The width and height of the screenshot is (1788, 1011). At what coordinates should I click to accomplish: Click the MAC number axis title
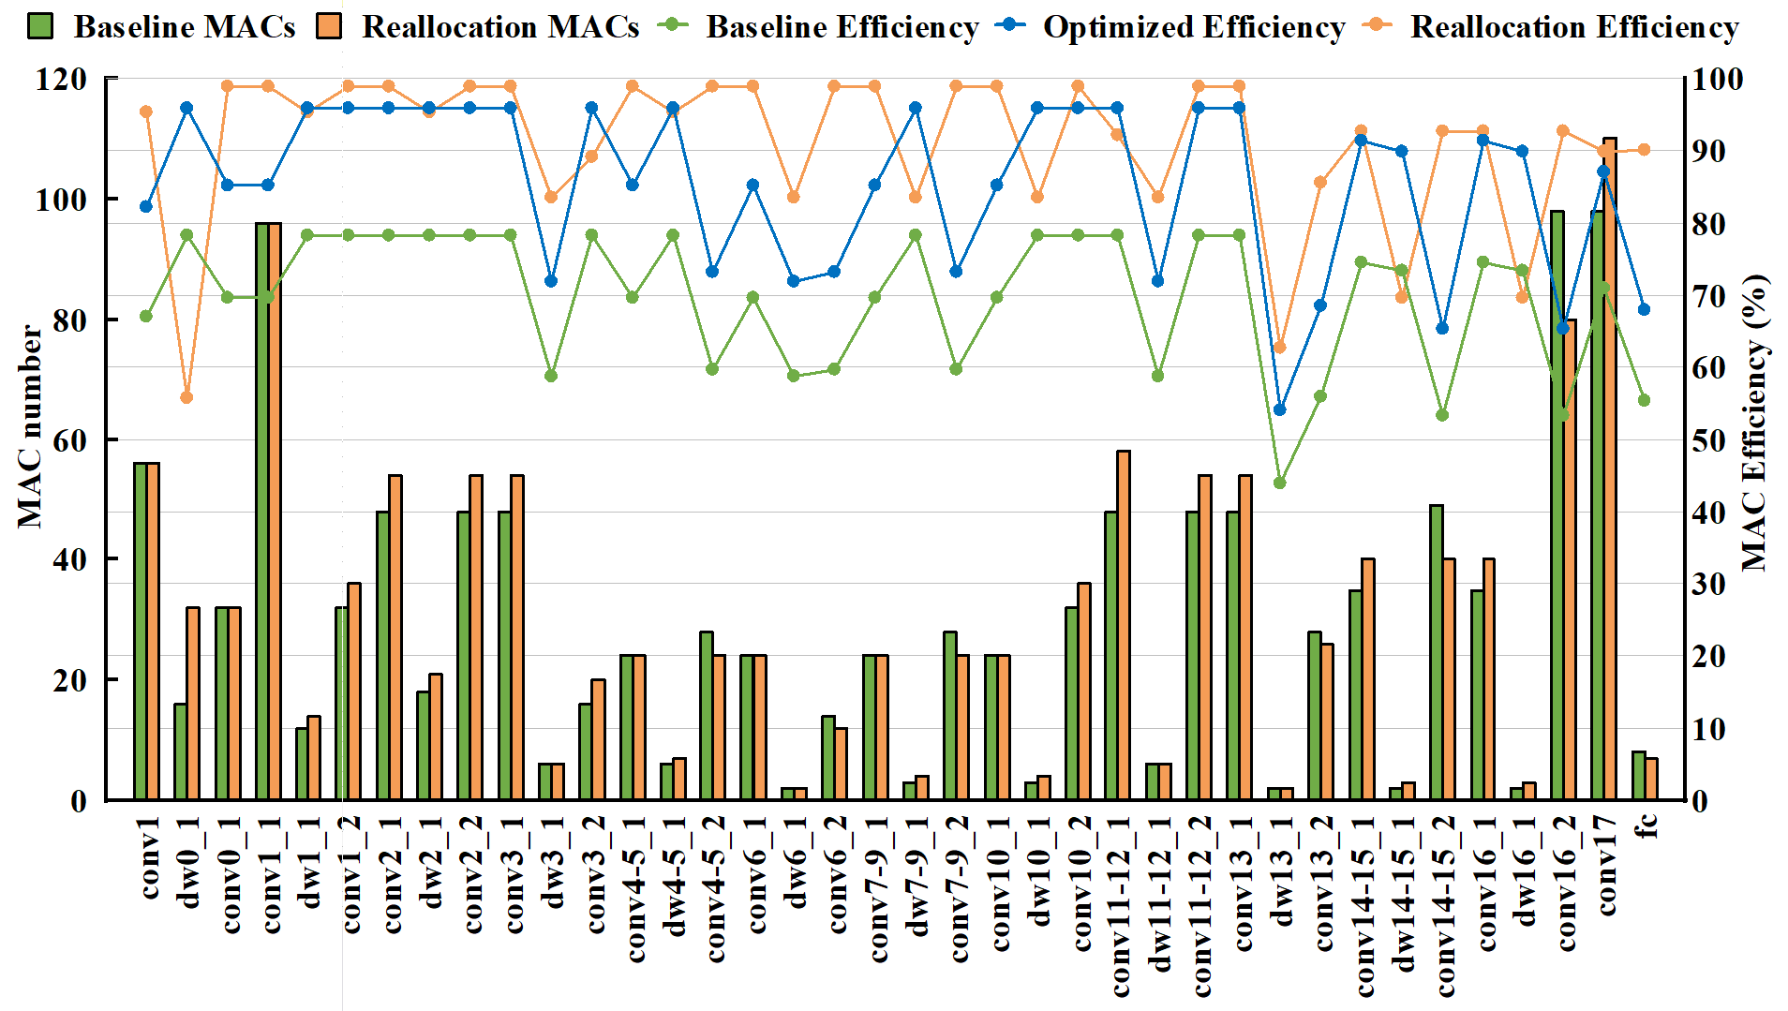click(30, 426)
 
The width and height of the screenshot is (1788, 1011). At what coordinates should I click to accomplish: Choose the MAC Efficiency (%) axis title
click(1754, 422)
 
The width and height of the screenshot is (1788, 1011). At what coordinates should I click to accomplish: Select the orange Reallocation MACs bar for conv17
click(1610, 468)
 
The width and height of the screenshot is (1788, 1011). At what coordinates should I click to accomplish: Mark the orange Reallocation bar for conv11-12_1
click(1124, 625)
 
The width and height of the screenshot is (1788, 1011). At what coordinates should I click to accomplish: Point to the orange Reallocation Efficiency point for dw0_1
click(186, 397)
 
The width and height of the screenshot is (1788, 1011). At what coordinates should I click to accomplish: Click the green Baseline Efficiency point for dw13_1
click(1280, 483)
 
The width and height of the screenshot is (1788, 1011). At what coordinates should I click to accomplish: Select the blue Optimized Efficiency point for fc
click(1644, 309)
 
